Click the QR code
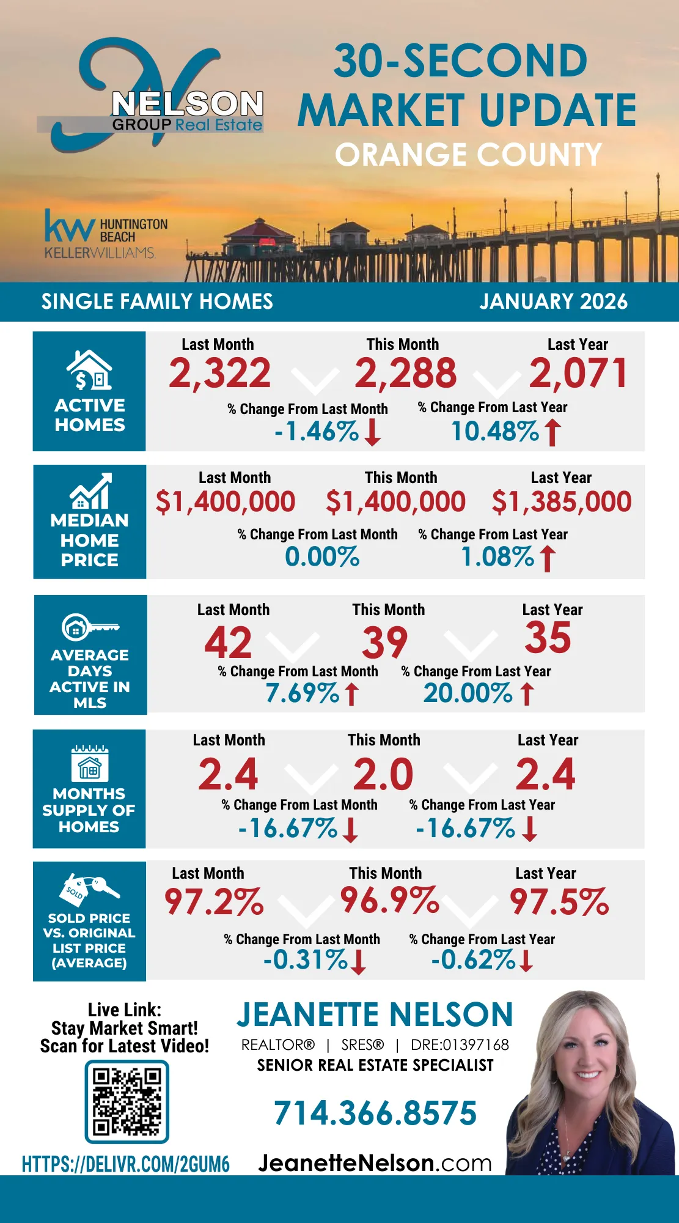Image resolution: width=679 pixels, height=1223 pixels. tap(127, 1101)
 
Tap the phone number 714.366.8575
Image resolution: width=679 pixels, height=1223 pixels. tap(375, 1113)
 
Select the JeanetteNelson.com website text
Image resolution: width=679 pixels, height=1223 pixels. tap(375, 1162)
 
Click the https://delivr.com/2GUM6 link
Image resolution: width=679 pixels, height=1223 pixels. tap(126, 1164)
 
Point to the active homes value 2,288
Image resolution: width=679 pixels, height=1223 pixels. tap(405, 374)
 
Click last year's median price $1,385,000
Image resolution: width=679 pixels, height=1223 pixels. tap(562, 502)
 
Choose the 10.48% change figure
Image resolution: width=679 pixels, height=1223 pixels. tap(495, 432)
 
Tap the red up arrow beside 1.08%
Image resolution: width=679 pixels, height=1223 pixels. tap(548, 558)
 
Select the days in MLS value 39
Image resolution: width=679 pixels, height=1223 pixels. tap(384, 642)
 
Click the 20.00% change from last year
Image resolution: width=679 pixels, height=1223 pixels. tap(468, 693)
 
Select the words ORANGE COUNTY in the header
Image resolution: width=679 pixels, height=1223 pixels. tap(468, 155)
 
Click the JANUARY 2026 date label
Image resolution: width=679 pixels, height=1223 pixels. tap(553, 301)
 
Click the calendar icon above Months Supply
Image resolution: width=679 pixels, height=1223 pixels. tap(90, 764)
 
